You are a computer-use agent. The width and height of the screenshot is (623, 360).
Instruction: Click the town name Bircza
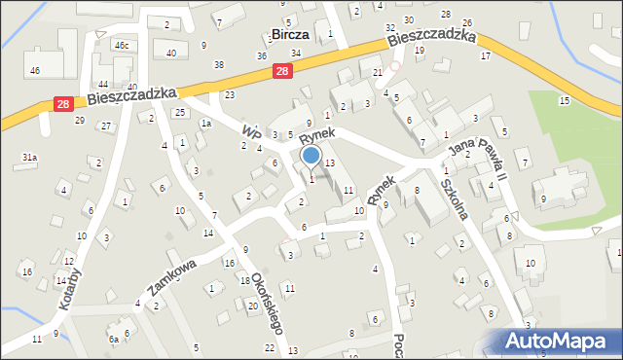[290, 34]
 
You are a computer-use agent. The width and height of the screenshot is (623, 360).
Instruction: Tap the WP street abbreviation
[251, 130]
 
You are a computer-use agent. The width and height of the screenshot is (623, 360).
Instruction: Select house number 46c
[121, 46]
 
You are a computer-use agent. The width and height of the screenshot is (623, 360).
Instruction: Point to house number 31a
[30, 157]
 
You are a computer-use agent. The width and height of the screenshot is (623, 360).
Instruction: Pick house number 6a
[114, 339]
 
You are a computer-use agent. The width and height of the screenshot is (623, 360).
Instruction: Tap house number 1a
[205, 124]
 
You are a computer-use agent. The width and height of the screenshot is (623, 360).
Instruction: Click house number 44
[103, 86]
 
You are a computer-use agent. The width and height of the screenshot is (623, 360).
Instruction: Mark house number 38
[219, 65]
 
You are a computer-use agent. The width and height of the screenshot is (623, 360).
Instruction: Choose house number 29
[80, 121]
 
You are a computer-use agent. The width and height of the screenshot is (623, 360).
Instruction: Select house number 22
[269, 347]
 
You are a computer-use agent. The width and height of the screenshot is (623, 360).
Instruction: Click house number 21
[378, 73]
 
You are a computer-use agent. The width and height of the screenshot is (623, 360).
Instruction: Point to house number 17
[485, 55]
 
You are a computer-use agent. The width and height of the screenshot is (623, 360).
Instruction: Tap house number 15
[564, 101]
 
